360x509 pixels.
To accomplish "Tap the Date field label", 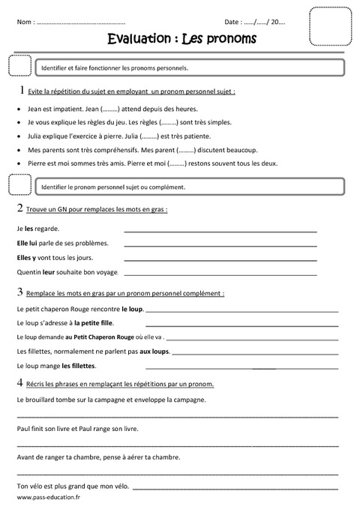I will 232,23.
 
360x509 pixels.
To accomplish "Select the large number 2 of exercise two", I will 19,208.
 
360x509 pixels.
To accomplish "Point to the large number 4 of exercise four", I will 19,383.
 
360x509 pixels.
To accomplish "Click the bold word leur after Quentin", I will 49,273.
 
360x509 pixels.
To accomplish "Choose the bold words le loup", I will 132,308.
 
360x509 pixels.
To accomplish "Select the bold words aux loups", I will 154,351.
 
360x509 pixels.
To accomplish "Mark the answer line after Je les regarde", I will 220,229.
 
